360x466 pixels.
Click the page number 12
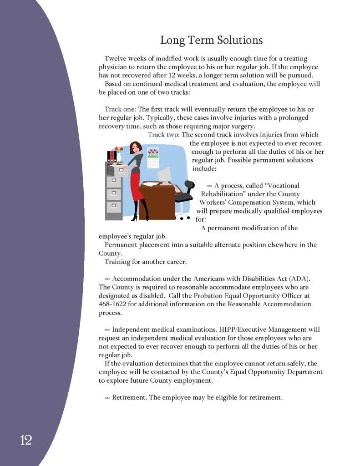tap(25, 440)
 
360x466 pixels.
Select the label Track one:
tap(120, 109)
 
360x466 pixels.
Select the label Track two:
tap(163, 135)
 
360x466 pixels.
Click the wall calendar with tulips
tap(153, 157)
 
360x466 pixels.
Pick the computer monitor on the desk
tap(164, 175)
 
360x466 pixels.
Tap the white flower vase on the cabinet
tap(119, 157)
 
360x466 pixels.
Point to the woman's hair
tap(136, 148)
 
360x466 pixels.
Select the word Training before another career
tap(118, 262)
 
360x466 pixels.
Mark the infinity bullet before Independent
tap(107, 329)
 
